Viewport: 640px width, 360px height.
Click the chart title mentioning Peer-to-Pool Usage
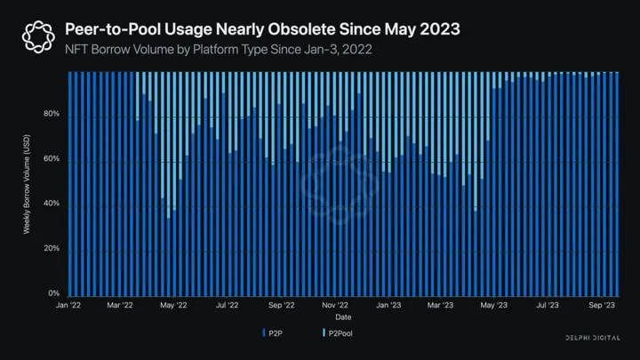262,29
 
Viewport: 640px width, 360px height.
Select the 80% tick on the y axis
52,115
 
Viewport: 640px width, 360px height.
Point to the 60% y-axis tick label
52,159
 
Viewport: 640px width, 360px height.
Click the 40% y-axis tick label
52,204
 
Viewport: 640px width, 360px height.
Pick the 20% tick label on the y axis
52,249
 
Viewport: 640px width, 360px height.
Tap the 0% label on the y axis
54,293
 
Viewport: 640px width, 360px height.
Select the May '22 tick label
174,305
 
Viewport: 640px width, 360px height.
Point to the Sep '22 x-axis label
281,305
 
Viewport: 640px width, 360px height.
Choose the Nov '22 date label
334,305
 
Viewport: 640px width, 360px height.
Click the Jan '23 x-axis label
388,305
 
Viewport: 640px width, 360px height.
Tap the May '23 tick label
493,305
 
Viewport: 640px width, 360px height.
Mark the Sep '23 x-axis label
601,305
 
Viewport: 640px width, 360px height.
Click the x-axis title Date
342,316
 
